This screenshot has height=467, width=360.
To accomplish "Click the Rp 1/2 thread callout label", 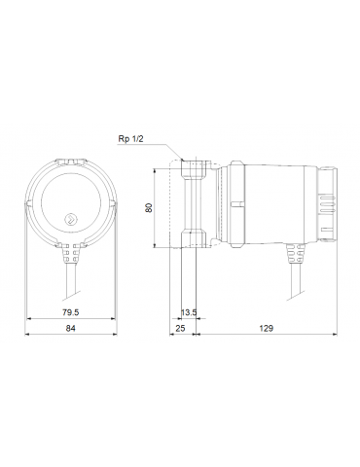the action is (130, 139).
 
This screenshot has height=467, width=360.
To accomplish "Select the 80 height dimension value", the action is (149, 207).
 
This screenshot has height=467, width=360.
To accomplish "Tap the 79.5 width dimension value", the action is (70, 312).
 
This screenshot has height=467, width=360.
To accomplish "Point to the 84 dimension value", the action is (70, 328).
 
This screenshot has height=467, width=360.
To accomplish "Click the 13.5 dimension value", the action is (189, 312).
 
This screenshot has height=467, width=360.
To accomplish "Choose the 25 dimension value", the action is (180, 328).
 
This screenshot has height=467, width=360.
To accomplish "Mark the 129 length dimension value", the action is (266, 328).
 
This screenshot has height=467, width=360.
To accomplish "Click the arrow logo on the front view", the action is (70, 219).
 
